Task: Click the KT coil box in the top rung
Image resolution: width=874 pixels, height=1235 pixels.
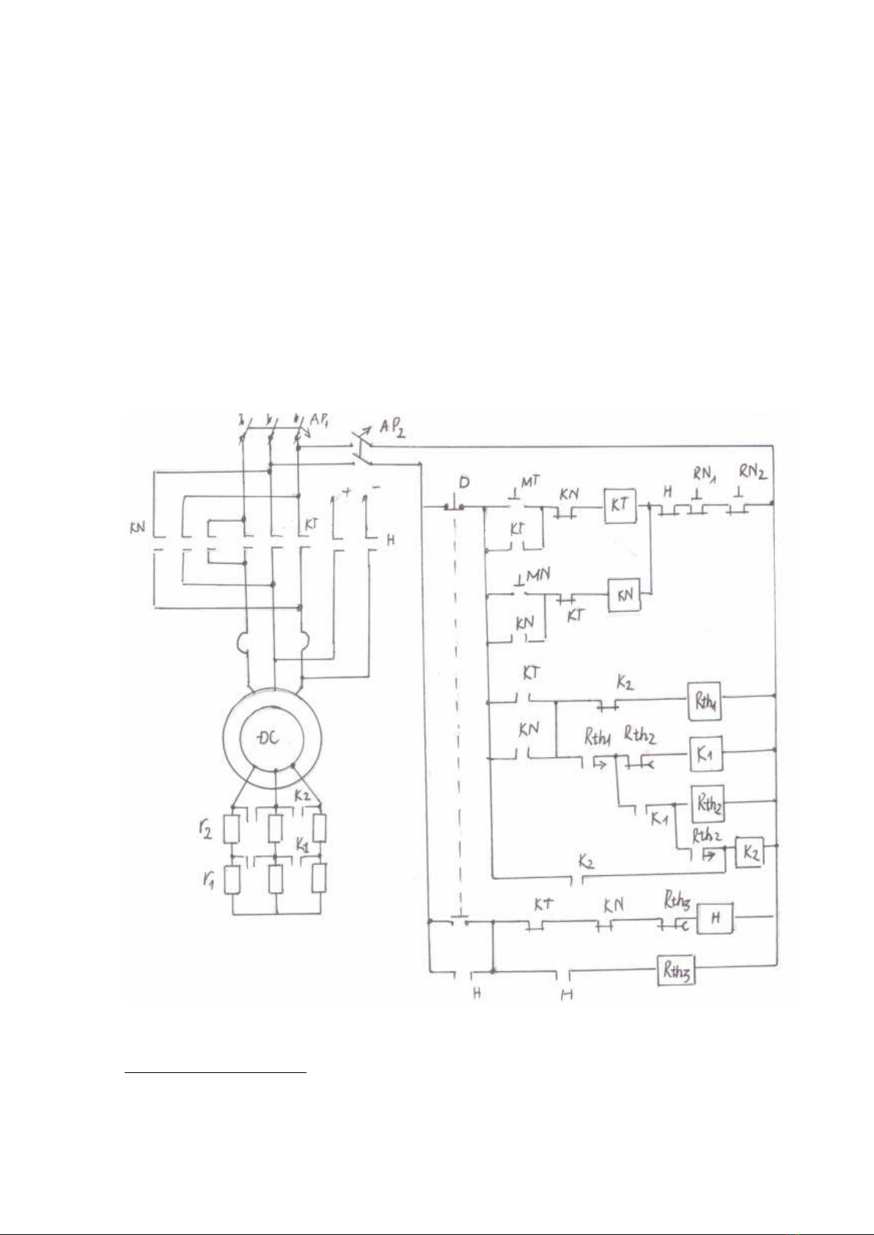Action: (x=620, y=505)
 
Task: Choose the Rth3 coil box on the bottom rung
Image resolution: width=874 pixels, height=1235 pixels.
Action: (x=675, y=972)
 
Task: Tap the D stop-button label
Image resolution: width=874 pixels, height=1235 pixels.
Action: (x=463, y=483)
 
